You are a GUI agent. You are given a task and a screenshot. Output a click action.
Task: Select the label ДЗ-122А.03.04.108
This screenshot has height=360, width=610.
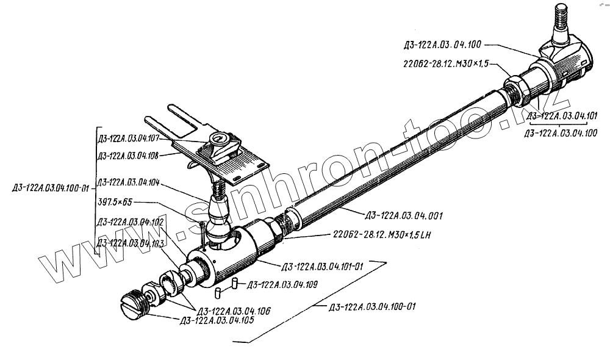coord(127,156)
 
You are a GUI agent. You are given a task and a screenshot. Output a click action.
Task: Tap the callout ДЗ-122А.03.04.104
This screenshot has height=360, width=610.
coord(127,182)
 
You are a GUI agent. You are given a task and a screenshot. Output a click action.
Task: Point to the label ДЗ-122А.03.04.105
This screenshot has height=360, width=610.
coord(213,320)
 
